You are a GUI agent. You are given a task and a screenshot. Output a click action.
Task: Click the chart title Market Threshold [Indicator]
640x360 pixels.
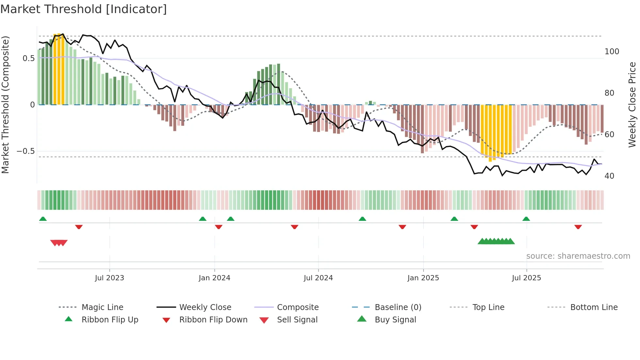(x=84, y=9)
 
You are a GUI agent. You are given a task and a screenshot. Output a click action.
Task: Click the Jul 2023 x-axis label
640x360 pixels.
(x=109, y=278)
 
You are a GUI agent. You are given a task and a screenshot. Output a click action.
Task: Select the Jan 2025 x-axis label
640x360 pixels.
(x=423, y=278)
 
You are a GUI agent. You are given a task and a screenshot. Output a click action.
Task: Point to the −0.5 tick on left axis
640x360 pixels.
(x=25, y=151)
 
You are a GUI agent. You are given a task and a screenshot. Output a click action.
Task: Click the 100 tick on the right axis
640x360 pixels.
(x=612, y=52)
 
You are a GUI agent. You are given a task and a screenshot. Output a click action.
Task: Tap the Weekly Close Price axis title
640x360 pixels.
(x=632, y=105)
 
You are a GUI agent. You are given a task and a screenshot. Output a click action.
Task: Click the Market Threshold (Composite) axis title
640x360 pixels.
(x=5, y=105)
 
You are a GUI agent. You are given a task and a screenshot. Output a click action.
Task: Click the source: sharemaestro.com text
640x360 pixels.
(x=578, y=256)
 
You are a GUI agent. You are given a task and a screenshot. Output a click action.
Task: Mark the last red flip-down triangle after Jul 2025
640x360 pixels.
(x=578, y=227)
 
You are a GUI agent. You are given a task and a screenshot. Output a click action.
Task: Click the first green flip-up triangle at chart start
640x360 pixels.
(x=43, y=219)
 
